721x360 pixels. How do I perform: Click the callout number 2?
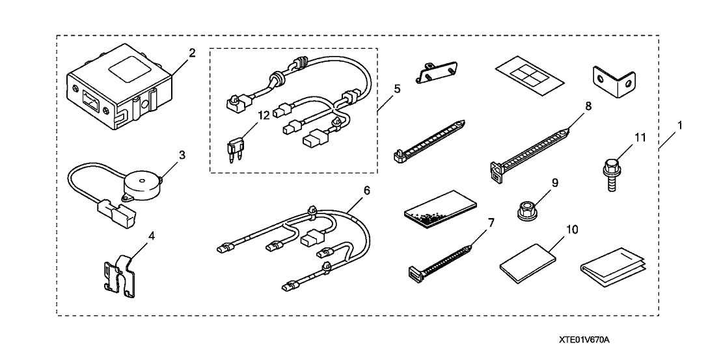(x=192, y=53)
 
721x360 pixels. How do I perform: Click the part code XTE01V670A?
(x=588, y=340)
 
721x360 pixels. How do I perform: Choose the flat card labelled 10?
(x=528, y=263)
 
